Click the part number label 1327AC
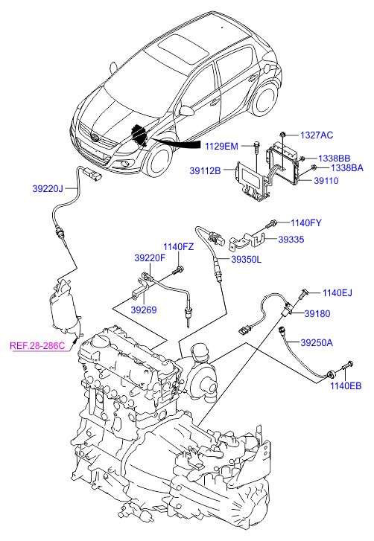pos(317,135)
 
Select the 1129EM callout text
pos(221,147)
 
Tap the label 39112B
pos(205,171)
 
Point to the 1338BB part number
pos(334,159)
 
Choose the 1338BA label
pos(347,168)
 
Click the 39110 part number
pos(326,180)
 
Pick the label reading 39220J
pos(48,189)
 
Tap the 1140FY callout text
pos(306,223)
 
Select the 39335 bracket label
pos(291,240)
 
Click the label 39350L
pos(246,259)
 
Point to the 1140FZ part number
pos(179,247)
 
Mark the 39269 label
pos(144,310)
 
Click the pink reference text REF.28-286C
pos(37,346)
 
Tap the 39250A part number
pos(317,342)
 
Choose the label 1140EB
pos(346,385)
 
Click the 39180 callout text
pos(317,313)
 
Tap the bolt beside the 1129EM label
pos(256,146)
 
